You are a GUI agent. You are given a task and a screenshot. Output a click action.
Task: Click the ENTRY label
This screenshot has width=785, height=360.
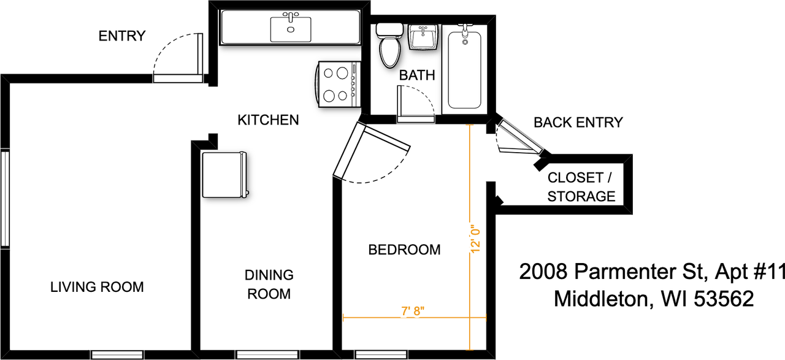122,36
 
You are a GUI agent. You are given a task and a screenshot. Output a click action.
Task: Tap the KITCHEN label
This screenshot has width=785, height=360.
268,120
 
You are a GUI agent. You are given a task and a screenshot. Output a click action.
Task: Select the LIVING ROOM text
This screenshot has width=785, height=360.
97,287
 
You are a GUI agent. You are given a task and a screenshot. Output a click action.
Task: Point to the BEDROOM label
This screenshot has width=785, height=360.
404,250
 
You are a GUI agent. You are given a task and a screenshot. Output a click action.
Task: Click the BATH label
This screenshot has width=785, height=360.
417,75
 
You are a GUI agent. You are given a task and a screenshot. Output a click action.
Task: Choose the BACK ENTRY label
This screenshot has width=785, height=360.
578,122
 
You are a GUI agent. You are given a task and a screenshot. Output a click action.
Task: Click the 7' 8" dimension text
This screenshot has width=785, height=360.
413,311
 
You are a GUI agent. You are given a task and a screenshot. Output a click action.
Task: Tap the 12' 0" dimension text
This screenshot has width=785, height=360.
475,239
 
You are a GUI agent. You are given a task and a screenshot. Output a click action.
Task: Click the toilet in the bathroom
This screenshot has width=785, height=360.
389,45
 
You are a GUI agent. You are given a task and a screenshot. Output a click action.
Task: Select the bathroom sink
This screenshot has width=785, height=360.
423,37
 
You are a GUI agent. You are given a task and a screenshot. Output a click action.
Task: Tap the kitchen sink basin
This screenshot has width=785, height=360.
291,29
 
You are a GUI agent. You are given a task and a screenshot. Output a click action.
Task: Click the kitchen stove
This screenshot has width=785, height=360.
339,84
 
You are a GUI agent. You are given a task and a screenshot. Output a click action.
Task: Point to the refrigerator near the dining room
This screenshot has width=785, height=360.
224,175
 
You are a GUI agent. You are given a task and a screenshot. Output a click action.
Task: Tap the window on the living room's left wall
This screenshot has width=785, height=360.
5,199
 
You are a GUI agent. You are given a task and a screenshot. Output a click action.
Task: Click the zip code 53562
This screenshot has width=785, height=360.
724,299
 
